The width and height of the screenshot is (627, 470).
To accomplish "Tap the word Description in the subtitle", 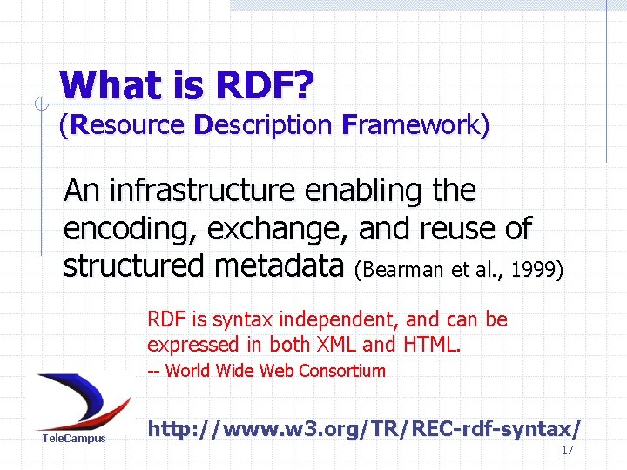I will (262, 125).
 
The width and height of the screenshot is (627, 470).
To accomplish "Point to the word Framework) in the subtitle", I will (415, 125).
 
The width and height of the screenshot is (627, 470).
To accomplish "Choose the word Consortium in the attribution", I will (341, 371).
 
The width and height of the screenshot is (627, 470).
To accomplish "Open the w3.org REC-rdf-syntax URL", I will (364, 428).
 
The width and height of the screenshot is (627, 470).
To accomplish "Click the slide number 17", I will (567, 451).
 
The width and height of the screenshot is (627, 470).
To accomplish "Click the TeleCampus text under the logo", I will (74, 438).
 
